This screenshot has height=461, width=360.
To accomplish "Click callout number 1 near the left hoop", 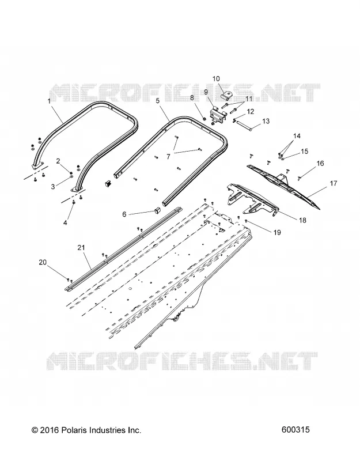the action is pos(49,101).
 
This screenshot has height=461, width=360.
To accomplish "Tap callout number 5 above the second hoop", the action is pos(158,101).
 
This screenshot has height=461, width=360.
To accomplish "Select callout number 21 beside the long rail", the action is pos(81,248).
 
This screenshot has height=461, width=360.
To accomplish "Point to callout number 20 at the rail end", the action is pos(43,262).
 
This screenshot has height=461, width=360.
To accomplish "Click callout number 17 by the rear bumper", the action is pos(334,183).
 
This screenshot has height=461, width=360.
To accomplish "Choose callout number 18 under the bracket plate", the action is pos(302,220).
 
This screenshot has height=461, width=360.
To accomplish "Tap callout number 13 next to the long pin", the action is pos(266,121).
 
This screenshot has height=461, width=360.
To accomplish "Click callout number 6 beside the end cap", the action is pos(124,214).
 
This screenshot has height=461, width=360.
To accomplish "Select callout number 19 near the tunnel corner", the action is pos(277,233).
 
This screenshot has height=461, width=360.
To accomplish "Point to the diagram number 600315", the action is pos(295,430).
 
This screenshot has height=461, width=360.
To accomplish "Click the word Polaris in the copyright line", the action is pos(74,430).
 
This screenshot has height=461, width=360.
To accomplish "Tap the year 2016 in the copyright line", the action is pos(50,430).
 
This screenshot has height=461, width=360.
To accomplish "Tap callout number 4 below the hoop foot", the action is pos(65,222).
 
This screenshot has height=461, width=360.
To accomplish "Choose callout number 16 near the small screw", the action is pos(320,163).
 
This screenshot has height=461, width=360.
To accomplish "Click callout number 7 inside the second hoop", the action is pos(168,157).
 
